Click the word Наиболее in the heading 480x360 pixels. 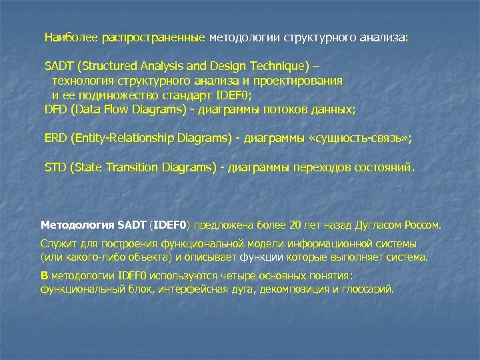[x=71, y=37]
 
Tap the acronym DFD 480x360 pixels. [x=56, y=107]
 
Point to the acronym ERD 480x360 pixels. [x=56, y=138]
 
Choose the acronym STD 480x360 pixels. [x=55, y=167]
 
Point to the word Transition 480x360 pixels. [x=131, y=167]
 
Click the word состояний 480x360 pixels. [x=387, y=167]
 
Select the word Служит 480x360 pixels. [x=57, y=243]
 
